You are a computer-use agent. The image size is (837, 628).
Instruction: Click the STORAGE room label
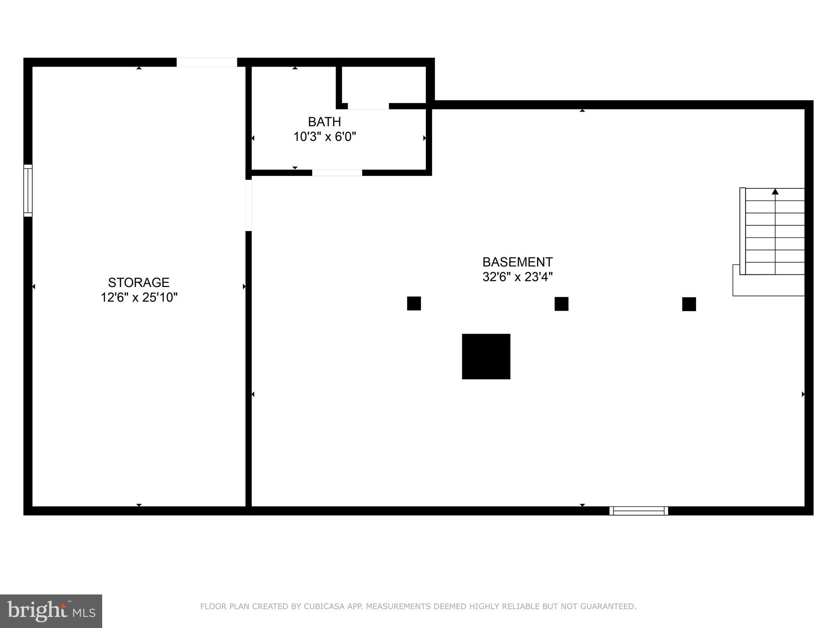(139, 283)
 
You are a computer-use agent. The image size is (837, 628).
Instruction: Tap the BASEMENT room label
(517, 262)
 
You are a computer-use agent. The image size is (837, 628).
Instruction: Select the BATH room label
(325, 122)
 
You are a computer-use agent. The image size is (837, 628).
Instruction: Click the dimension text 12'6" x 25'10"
(139, 298)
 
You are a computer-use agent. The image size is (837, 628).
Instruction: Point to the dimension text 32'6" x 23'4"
(517, 277)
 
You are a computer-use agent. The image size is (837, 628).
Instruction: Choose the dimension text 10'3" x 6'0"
(325, 137)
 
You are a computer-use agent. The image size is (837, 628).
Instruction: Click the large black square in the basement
(486, 357)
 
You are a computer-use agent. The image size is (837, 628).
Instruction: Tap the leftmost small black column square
(414, 303)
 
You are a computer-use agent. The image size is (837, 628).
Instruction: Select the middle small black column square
(562, 304)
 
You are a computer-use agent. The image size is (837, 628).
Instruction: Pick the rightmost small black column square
(689, 304)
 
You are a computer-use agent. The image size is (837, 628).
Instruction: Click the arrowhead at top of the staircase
(775, 191)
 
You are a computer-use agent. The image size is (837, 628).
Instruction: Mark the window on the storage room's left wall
(28, 191)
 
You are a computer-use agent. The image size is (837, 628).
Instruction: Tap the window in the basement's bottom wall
(639, 511)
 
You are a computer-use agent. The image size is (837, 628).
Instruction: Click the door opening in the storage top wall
(207, 62)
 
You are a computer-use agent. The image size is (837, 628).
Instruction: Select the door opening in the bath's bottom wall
(337, 173)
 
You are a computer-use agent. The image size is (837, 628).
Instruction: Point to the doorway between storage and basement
(248, 205)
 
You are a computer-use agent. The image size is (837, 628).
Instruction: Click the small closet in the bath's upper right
(383, 85)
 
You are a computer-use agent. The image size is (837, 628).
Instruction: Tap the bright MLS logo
(51, 611)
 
